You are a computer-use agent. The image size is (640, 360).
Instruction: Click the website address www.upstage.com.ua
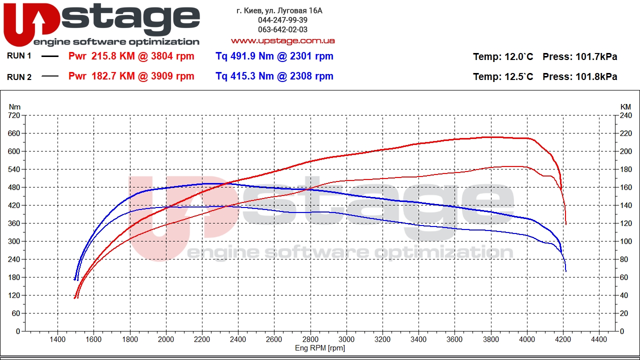tap(282, 40)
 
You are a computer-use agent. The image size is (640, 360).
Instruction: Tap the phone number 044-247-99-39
tap(282, 20)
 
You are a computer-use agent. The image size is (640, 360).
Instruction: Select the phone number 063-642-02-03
tap(282, 29)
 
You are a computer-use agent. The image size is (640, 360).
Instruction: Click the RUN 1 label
tap(19, 56)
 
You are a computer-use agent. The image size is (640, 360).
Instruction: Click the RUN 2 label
tap(19, 76)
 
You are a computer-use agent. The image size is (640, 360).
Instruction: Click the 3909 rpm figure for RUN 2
tap(173, 76)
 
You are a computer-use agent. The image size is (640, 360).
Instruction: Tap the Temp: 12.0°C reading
tap(503, 57)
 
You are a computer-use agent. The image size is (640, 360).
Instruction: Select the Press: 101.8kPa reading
tap(579, 77)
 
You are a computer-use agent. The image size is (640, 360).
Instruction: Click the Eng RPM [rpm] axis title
tap(319, 348)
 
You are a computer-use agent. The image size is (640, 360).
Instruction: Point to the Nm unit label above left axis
tap(15, 106)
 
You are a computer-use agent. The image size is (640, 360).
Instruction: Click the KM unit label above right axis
tap(625, 106)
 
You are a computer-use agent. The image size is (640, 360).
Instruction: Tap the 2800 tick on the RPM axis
tap(310, 339)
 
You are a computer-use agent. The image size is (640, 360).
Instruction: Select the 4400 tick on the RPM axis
tap(599, 339)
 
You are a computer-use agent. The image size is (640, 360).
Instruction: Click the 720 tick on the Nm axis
tap(14, 115)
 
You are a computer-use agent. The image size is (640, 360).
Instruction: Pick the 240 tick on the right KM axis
tap(625, 115)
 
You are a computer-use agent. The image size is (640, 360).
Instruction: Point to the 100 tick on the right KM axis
tap(625, 241)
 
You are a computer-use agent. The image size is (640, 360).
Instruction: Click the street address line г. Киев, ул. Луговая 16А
tap(279, 10)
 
